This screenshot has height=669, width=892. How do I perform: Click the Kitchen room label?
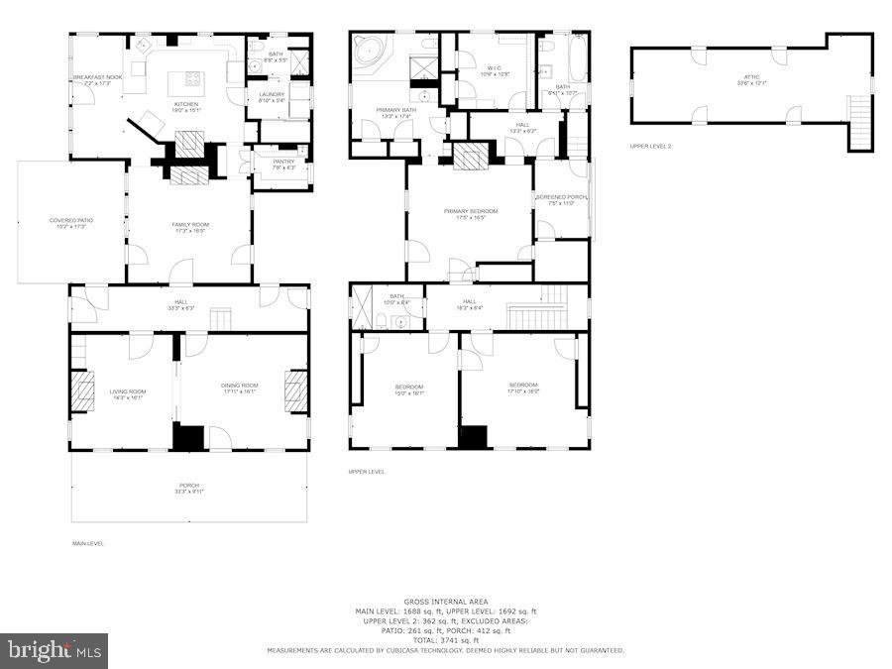pos(186,105)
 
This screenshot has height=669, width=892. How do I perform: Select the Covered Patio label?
pos(69,223)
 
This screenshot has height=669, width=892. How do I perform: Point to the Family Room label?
pos(188,227)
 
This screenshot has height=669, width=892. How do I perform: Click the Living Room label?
pos(127,393)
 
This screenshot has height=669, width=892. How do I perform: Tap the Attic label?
pos(752,79)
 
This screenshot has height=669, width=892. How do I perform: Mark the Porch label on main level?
pos(188,489)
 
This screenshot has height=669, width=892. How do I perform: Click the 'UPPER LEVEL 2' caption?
pos(650,147)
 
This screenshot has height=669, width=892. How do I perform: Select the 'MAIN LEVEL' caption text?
pos(87,543)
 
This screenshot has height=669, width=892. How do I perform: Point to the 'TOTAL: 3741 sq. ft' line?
pos(445,640)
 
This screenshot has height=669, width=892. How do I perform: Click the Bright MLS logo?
pos(55,651)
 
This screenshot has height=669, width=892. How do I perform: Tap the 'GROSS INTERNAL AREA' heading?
pos(445,602)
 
